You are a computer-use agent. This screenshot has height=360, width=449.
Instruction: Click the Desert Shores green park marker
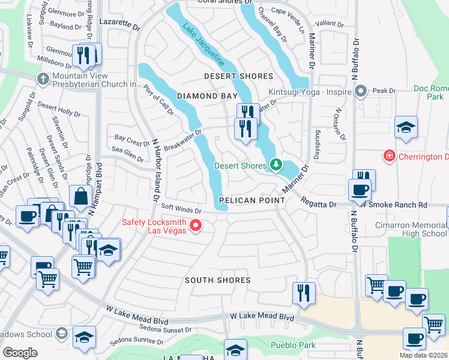276,164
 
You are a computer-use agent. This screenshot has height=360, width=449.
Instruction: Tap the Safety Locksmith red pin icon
195,226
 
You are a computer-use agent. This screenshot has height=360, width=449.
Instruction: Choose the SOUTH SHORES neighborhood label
217,280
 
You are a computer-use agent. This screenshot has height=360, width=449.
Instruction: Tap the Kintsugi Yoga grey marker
361,92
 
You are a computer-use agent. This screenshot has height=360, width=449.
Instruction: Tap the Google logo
20,352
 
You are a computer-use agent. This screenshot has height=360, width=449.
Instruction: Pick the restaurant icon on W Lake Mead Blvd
304,293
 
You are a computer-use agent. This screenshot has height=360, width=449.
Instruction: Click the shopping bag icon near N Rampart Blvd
80,196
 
